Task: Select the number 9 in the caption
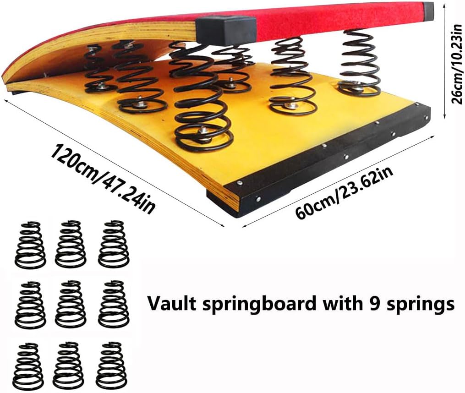376,303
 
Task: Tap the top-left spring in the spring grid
30,246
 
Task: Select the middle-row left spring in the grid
30,305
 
